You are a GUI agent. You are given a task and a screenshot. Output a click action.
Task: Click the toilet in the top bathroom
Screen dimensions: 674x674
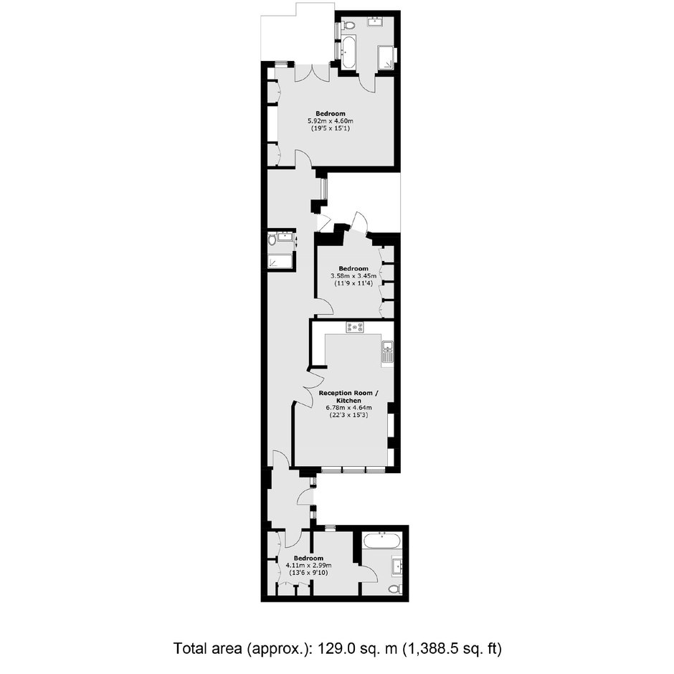pos(349,26)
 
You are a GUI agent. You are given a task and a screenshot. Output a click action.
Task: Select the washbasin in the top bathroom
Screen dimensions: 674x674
pos(377,22)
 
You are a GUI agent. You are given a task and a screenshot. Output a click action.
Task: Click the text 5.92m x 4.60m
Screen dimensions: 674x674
pos(331,120)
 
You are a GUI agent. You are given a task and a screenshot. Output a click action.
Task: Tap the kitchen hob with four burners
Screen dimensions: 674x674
pos(355,328)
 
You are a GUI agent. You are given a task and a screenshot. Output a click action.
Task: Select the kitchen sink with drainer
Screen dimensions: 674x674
pos(387,353)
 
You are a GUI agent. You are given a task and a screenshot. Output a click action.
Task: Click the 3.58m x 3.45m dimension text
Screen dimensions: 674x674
pos(353,276)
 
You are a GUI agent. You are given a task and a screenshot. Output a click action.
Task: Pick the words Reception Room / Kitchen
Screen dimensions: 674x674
pos(348,397)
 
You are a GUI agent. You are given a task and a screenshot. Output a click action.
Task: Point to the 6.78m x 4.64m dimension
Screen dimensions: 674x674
pos(348,407)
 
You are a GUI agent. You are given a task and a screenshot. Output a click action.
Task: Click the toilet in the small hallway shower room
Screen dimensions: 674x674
pos(272,239)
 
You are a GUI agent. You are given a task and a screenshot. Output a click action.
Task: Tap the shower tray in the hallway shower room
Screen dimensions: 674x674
pos(280,261)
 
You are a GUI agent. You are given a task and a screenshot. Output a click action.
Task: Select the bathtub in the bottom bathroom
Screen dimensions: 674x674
pos(382,541)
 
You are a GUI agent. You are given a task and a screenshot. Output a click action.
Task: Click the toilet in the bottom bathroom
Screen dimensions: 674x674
pos(395,589)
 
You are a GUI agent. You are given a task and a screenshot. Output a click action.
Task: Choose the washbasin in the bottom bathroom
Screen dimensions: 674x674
pos(397,565)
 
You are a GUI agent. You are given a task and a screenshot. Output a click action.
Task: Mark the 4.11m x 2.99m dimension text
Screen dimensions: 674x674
pos(308,565)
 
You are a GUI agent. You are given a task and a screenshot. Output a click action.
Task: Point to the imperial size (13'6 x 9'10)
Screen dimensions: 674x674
pos(308,573)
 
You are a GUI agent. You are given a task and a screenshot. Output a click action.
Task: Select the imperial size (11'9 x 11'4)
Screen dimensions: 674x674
pos(353,284)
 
